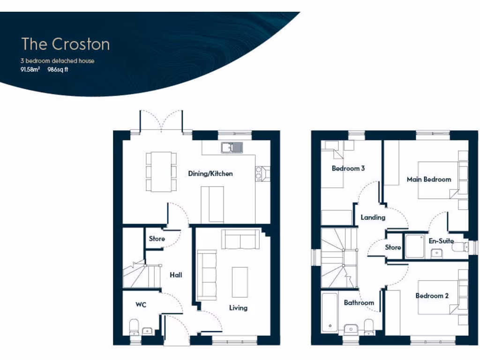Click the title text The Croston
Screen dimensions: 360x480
click(66, 44)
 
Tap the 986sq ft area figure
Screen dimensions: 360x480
click(58, 70)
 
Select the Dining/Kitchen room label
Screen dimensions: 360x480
click(210, 173)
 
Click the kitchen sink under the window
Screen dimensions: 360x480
click(232, 148)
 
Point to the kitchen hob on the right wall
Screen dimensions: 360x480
click(260, 173)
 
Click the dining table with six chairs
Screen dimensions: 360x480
click(161, 172)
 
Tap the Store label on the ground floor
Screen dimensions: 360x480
click(157, 239)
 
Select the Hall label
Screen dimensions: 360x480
click(176, 275)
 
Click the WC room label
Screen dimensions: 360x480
click(141, 305)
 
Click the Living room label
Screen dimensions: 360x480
click(238, 308)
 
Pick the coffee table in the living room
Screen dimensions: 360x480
click(240, 282)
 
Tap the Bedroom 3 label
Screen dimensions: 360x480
click(348, 168)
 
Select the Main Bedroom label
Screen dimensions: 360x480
click(429, 179)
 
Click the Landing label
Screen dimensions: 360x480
click(373, 217)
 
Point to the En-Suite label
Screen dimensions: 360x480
click(441, 241)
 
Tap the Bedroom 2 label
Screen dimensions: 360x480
click(432, 296)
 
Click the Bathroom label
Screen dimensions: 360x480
click(359, 302)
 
